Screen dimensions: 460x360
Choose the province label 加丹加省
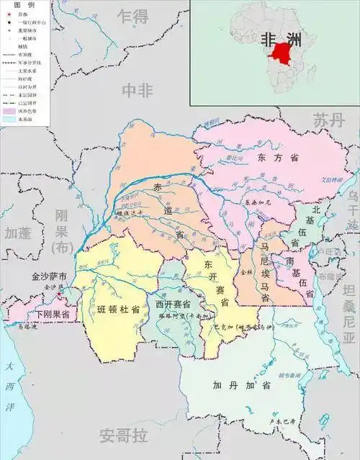[231, 385]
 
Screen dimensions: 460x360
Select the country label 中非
[138, 89]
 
